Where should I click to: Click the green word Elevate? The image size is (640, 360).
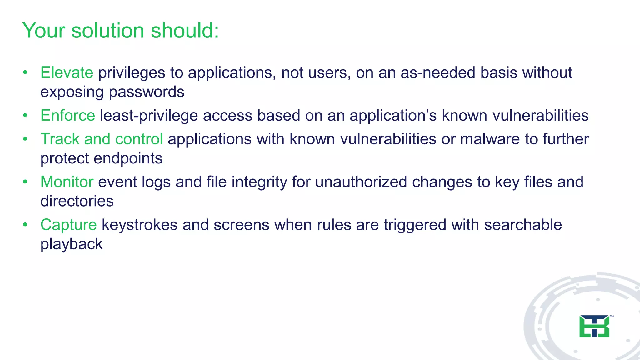(67, 72)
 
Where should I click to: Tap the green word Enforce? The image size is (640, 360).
(67, 115)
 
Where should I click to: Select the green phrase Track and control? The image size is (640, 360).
(102, 139)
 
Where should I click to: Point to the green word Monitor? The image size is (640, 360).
(67, 182)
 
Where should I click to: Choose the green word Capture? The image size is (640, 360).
(68, 225)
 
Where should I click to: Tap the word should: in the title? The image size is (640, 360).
(185, 31)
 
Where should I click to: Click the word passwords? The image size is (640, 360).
(147, 92)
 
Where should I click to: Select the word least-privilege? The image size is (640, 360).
(149, 116)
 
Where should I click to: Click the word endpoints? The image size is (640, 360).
(128, 158)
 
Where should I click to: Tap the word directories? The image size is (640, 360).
(77, 201)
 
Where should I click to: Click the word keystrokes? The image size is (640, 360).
(140, 225)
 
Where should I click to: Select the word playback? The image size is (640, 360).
(72, 244)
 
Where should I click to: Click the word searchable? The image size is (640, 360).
(523, 225)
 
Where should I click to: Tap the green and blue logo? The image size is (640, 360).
(594, 326)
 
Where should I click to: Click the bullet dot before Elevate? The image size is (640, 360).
(25, 73)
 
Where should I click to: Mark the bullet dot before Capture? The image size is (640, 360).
(25, 225)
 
